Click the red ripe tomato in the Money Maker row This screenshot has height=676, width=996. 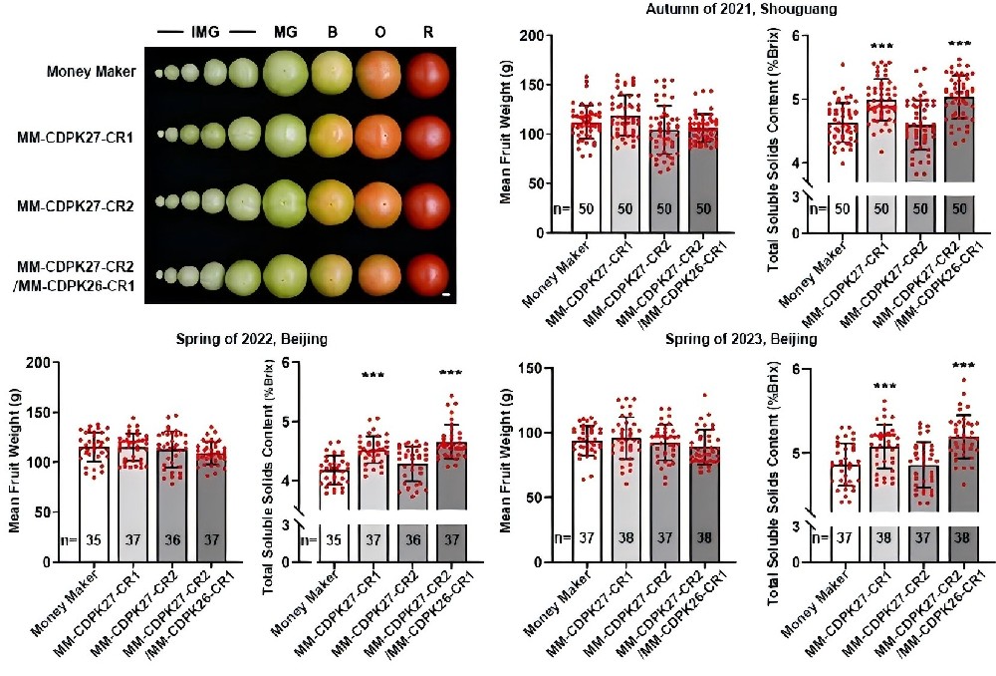[427, 75]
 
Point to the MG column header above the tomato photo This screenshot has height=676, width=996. [286, 33]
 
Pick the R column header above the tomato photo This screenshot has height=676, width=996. [427, 33]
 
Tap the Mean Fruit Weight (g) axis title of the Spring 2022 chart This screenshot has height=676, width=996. [16, 461]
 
